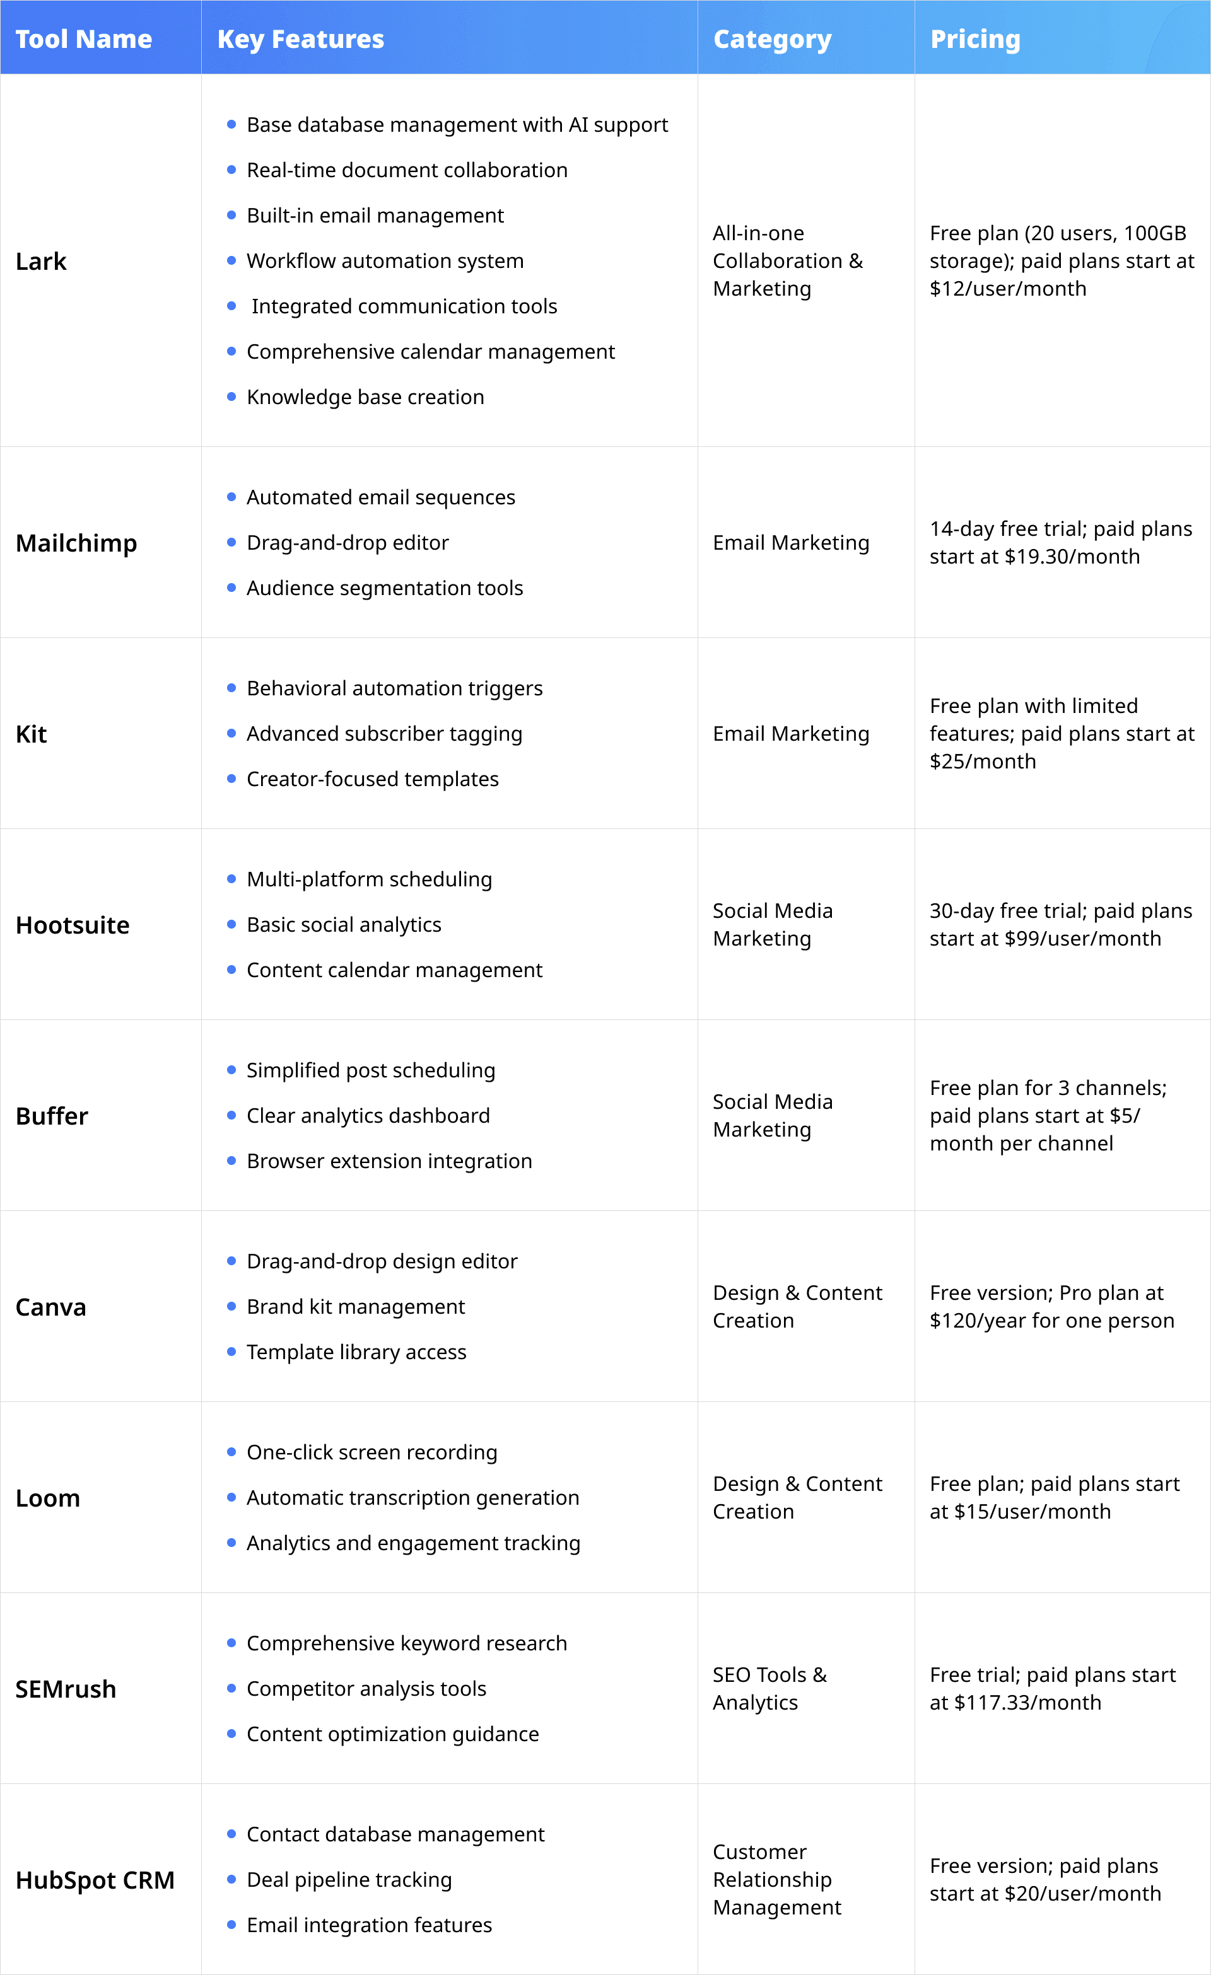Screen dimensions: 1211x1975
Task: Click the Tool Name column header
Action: point(83,38)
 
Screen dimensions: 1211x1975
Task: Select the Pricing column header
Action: point(974,38)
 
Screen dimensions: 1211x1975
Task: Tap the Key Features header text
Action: point(300,38)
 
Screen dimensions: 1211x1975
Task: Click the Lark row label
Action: point(41,262)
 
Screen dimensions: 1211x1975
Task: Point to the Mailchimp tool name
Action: point(76,543)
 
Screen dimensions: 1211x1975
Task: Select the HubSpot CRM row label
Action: point(95,1880)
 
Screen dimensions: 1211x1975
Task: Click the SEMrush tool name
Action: point(66,1689)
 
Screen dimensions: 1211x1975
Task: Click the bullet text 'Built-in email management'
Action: point(375,216)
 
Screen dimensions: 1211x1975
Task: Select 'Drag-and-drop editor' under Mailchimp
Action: point(348,543)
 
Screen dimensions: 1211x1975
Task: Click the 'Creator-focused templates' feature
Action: point(372,779)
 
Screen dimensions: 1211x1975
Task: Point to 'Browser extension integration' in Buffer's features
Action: point(389,1161)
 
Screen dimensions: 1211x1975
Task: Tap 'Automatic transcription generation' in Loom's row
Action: point(412,1497)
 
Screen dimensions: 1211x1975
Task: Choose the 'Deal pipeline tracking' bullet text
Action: point(349,1880)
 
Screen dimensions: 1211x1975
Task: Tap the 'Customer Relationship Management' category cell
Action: point(776,1880)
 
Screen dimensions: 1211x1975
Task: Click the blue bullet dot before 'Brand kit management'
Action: point(231,1307)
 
